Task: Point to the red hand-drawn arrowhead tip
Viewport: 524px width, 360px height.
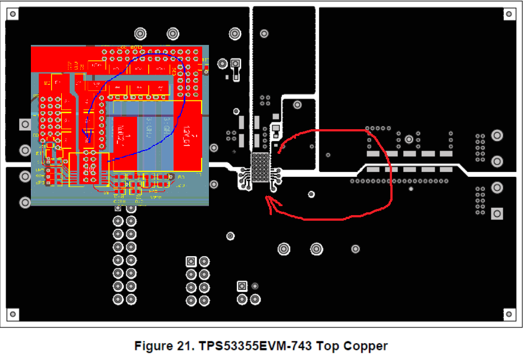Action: click(268, 198)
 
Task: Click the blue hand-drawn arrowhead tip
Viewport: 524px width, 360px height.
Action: click(86, 142)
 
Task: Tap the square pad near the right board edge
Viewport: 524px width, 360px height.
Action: click(496, 213)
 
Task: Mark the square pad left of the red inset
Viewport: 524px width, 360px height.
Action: click(24, 124)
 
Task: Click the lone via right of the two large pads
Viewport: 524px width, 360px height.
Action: click(355, 248)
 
